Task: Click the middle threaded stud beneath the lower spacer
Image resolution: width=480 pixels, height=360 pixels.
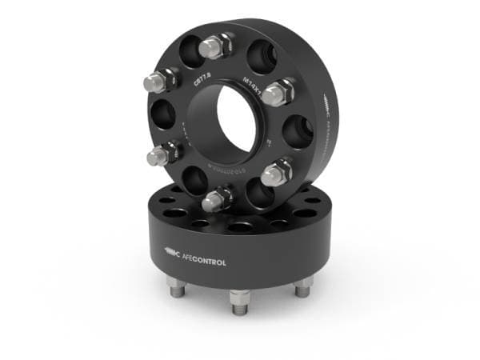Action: (x=239, y=300)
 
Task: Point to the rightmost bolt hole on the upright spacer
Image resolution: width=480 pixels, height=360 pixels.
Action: (x=297, y=130)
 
